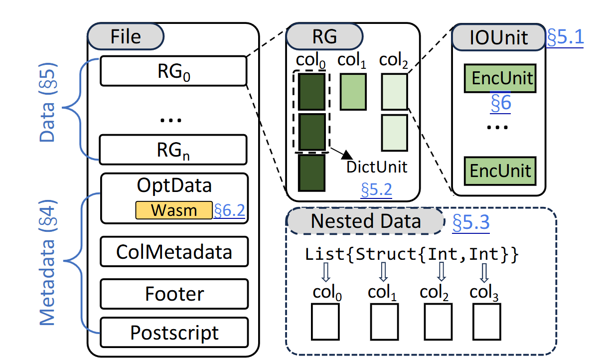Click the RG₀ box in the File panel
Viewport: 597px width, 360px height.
pyautogui.click(x=173, y=71)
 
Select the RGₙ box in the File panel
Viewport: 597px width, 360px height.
pyautogui.click(x=173, y=149)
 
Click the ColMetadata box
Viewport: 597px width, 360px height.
pyautogui.click(x=174, y=252)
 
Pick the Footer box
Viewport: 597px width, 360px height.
pyautogui.click(x=174, y=293)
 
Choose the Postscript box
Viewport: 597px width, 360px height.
pyautogui.click(x=174, y=332)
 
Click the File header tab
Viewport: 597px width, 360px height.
pyautogui.click(x=126, y=36)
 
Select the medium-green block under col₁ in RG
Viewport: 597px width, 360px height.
pyautogui.click(x=353, y=91)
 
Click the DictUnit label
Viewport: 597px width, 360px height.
pyautogui.click(x=377, y=167)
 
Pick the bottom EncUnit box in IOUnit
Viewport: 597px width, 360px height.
pyautogui.click(x=499, y=170)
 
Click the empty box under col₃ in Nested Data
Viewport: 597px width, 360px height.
pyautogui.click(x=486, y=321)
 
